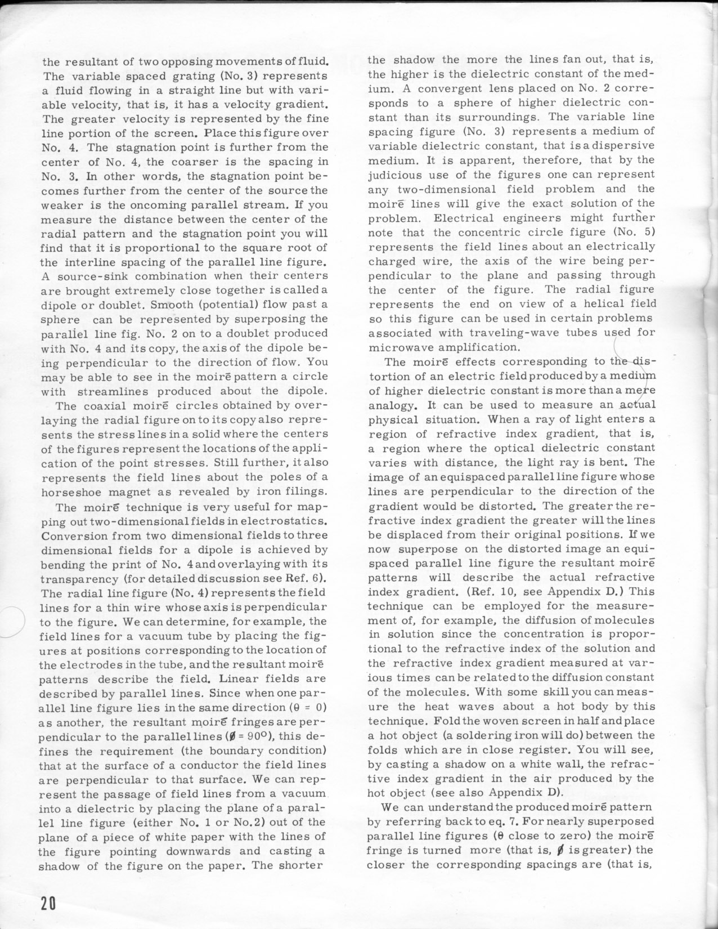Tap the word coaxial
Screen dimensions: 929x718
coord(102,405)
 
